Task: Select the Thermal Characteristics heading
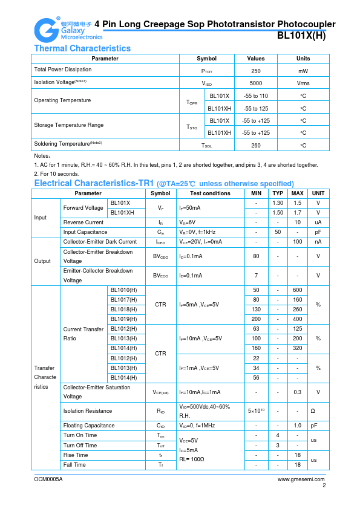(x=82, y=48)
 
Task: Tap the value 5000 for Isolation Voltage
(x=255, y=83)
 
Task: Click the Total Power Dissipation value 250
(x=255, y=70)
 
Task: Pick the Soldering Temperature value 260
(x=255, y=145)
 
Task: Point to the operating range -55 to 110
(x=255, y=96)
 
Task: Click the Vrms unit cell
(x=303, y=83)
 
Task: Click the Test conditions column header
(x=209, y=193)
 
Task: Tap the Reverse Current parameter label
(x=83, y=222)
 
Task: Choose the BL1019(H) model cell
(x=123, y=319)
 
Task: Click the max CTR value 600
(x=297, y=290)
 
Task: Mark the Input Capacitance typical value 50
(x=278, y=232)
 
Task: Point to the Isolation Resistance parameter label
(x=88, y=411)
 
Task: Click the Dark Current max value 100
(x=297, y=242)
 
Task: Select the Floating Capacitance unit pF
(x=314, y=426)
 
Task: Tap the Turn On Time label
(x=80, y=435)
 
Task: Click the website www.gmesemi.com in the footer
(x=301, y=479)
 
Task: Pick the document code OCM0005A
(x=48, y=479)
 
